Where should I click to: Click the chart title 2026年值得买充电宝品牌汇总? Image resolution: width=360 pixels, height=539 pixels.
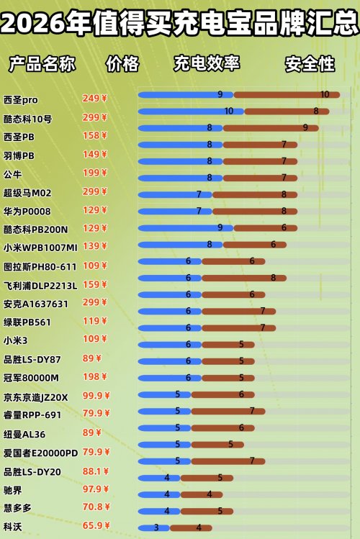pos(180,24)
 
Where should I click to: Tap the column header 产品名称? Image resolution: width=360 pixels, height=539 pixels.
pos(42,64)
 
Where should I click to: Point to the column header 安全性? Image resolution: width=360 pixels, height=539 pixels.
pos(310,64)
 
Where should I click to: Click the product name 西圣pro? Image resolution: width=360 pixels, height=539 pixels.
pos(21,99)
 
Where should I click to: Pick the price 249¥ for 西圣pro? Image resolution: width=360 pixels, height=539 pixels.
pos(94,99)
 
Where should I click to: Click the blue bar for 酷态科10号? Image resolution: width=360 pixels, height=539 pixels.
pos(191,112)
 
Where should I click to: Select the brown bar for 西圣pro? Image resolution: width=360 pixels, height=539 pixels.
pos(287,94)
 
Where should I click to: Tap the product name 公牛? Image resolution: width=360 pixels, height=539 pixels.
pos(13,173)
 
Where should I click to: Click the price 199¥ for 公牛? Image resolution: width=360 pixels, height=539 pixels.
pos(94,173)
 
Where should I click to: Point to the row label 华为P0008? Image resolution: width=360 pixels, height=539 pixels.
pos(27,211)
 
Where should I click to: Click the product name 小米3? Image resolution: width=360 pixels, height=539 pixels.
pos(16,340)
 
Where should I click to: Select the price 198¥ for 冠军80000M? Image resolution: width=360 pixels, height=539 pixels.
pos(94,377)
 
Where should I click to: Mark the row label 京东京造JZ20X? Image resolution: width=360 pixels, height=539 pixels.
pos(35,397)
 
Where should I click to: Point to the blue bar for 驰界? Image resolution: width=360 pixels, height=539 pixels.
pos(159,494)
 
